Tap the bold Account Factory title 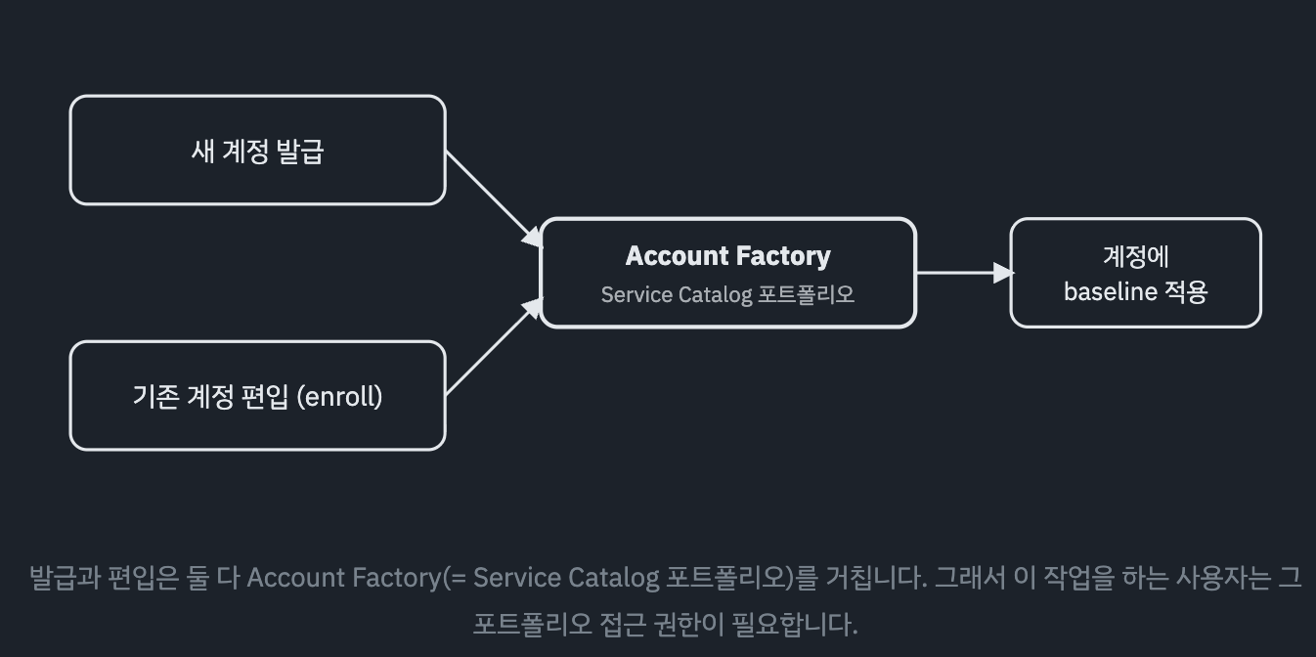click(x=728, y=256)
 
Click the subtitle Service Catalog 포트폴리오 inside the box click(x=728, y=294)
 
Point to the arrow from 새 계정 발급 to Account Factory click(x=494, y=198)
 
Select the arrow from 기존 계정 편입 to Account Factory click(x=494, y=346)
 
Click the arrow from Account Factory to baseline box click(x=963, y=273)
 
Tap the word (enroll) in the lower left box click(x=339, y=397)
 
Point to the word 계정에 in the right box click(x=1136, y=256)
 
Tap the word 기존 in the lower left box click(x=156, y=397)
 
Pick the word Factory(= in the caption click(x=409, y=577)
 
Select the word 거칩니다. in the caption click(x=876, y=577)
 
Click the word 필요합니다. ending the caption click(x=795, y=624)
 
